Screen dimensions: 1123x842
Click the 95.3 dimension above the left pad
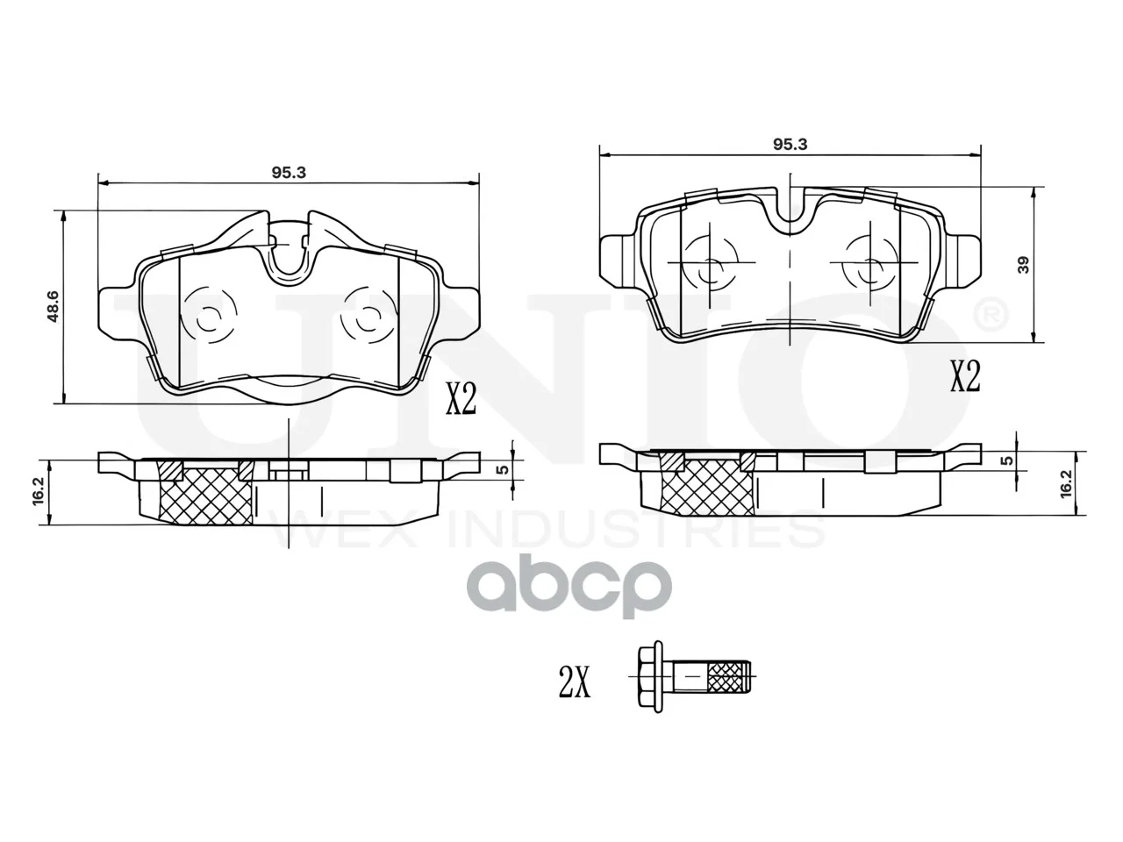(x=289, y=173)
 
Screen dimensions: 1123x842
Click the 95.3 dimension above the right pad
(x=790, y=145)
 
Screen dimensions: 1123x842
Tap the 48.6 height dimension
(x=53, y=307)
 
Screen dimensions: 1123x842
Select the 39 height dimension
(x=1023, y=265)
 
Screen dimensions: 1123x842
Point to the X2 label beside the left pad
(x=461, y=398)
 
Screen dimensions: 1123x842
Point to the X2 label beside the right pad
(x=965, y=376)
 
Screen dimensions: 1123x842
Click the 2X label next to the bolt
(x=574, y=683)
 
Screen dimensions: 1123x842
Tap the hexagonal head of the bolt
(x=651, y=676)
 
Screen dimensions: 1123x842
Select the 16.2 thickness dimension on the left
(x=39, y=492)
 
